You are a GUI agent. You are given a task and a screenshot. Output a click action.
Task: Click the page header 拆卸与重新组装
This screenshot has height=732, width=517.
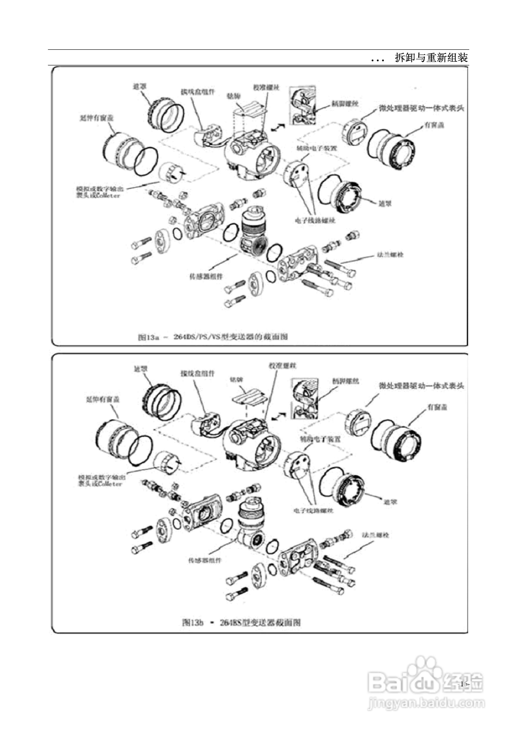point(431,58)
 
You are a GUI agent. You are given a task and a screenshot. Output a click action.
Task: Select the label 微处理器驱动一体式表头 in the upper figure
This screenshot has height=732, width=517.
point(421,108)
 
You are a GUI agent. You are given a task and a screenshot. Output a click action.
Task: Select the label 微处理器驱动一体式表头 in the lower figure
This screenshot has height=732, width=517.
point(421,386)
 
